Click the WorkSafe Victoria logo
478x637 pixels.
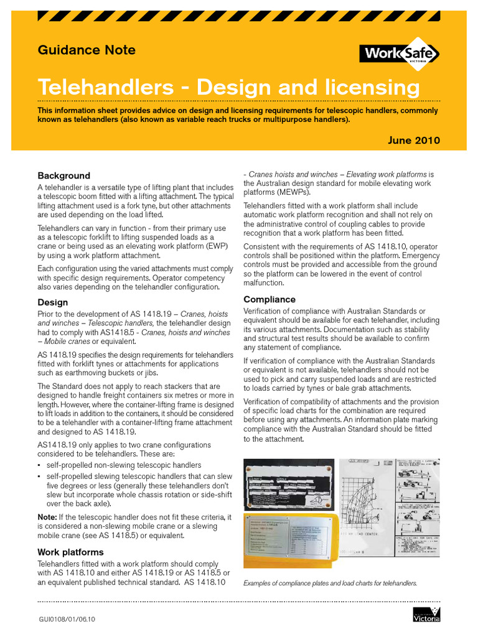[x=400, y=53]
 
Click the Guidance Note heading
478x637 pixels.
[x=87, y=50]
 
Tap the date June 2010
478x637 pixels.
[x=414, y=140]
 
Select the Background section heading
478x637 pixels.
[x=63, y=175]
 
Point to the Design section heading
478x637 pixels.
[x=53, y=302]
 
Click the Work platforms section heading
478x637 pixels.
[x=70, y=552]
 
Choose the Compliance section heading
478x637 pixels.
[x=269, y=299]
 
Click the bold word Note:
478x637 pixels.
[x=47, y=517]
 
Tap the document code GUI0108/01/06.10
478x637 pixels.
[x=67, y=619]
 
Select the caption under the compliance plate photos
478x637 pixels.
[x=330, y=584]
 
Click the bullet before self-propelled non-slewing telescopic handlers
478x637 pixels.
[x=39, y=465]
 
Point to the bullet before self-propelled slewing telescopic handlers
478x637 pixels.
[x=39, y=476]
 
